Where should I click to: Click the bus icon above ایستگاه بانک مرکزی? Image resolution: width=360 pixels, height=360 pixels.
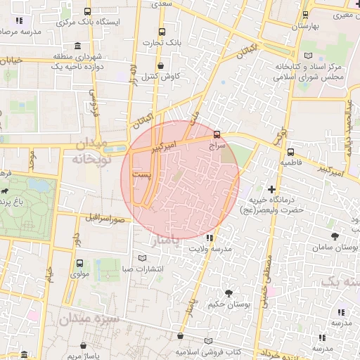[86, 12]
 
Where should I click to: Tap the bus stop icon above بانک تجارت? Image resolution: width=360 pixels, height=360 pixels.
[162, 32]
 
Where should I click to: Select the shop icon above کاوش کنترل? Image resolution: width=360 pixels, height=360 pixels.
[161, 65]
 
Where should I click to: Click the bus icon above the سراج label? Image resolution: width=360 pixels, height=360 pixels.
[216, 133]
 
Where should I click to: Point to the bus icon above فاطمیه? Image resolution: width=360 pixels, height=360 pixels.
[290, 151]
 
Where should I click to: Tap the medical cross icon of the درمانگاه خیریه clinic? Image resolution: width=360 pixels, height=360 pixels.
[272, 188]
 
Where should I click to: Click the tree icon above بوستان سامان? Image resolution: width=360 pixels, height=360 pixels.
[333, 237]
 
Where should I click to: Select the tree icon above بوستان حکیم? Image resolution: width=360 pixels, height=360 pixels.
[228, 292]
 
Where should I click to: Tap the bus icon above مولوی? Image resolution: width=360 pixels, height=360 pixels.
[79, 264]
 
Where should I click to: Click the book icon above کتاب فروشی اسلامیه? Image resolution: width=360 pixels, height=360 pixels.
[207, 341]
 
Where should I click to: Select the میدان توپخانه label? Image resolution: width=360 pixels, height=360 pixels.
[91, 152]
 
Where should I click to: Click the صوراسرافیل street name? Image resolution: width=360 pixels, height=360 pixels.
[105, 218]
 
